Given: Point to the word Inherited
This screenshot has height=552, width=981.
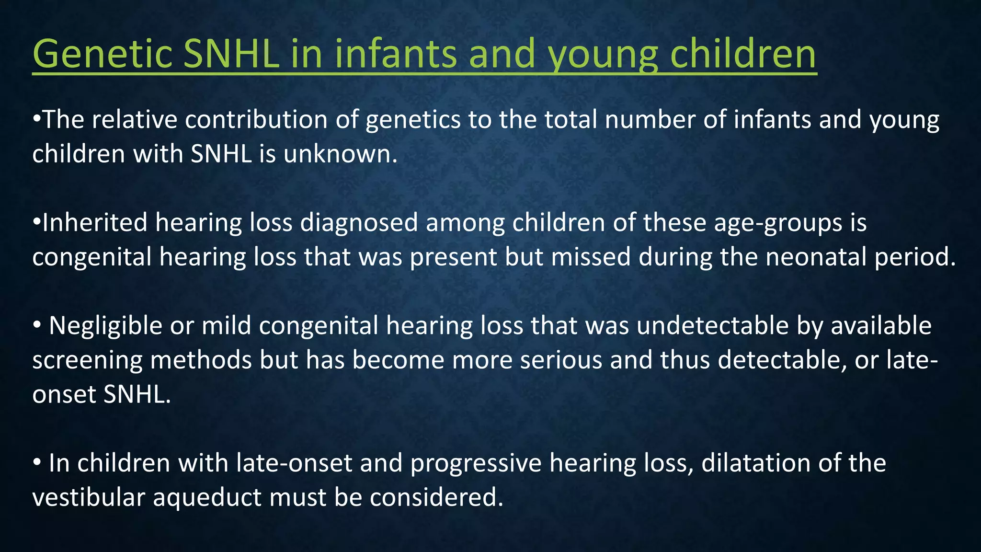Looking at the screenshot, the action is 95,222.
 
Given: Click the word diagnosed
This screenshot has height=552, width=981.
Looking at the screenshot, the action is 359,223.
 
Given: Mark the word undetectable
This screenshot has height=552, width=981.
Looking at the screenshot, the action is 713,325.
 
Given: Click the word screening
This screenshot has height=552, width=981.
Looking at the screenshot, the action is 88,361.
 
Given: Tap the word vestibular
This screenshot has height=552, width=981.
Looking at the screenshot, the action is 89,497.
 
